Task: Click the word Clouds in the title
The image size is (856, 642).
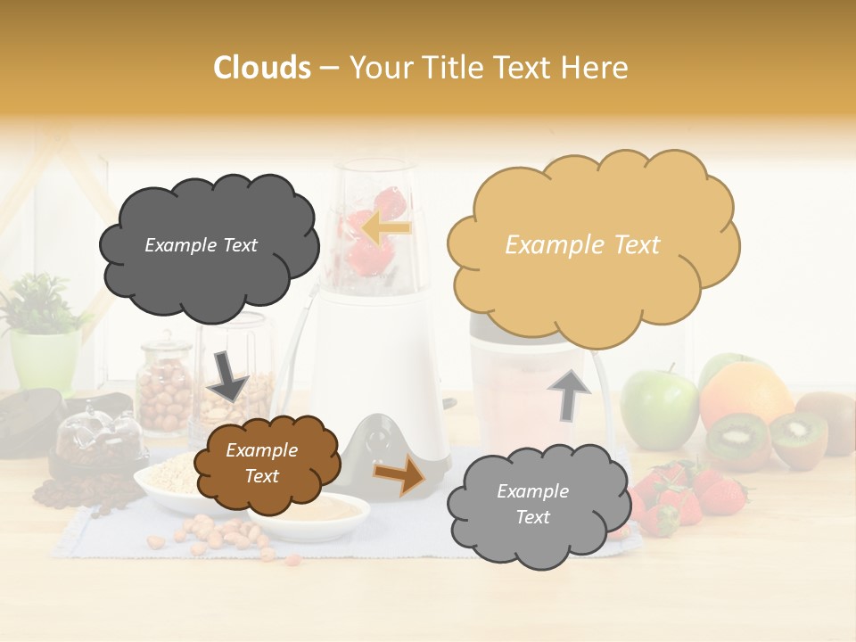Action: pyautogui.click(x=262, y=68)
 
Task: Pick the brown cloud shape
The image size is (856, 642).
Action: pyautogui.click(x=266, y=463)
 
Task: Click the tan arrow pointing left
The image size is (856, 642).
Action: pyautogui.click(x=385, y=228)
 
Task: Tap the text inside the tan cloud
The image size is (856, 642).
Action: pyautogui.click(x=582, y=245)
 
